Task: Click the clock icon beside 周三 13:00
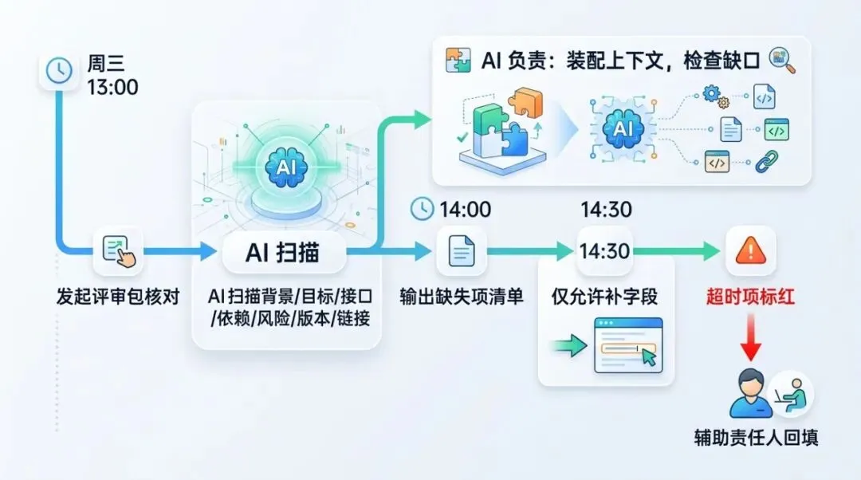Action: [x=57, y=73]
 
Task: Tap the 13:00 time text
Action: [x=113, y=87]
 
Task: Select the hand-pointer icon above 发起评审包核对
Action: [x=118, y=252]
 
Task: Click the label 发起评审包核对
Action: [x=117, y=297]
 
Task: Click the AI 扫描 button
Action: [x=282, y=253]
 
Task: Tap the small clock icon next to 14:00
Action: [x=421, y=210]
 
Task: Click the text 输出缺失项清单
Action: [x=462, y=297]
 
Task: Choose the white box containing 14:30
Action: [x=604, y=252]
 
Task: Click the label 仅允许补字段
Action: [x=603, y=297]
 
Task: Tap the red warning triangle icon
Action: [x=750, y=252]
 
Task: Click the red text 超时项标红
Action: [x=750, y=297]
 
